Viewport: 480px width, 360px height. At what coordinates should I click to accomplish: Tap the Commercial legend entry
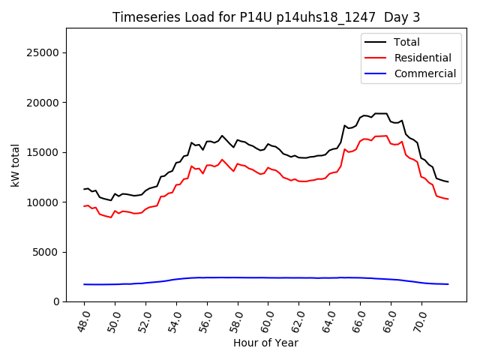click(424, 73)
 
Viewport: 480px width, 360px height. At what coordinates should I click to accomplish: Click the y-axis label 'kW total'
click(15, 165)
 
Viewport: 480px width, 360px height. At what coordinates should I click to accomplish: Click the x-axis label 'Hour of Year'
click(265, 343)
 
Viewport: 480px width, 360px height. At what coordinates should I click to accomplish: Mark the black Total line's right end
click(448, 181)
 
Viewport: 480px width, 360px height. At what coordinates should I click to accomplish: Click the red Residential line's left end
click(84, 205)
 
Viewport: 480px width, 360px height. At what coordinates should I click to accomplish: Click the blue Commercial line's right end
click(448, 284)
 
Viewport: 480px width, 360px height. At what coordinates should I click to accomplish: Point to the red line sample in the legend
click(377, 58)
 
